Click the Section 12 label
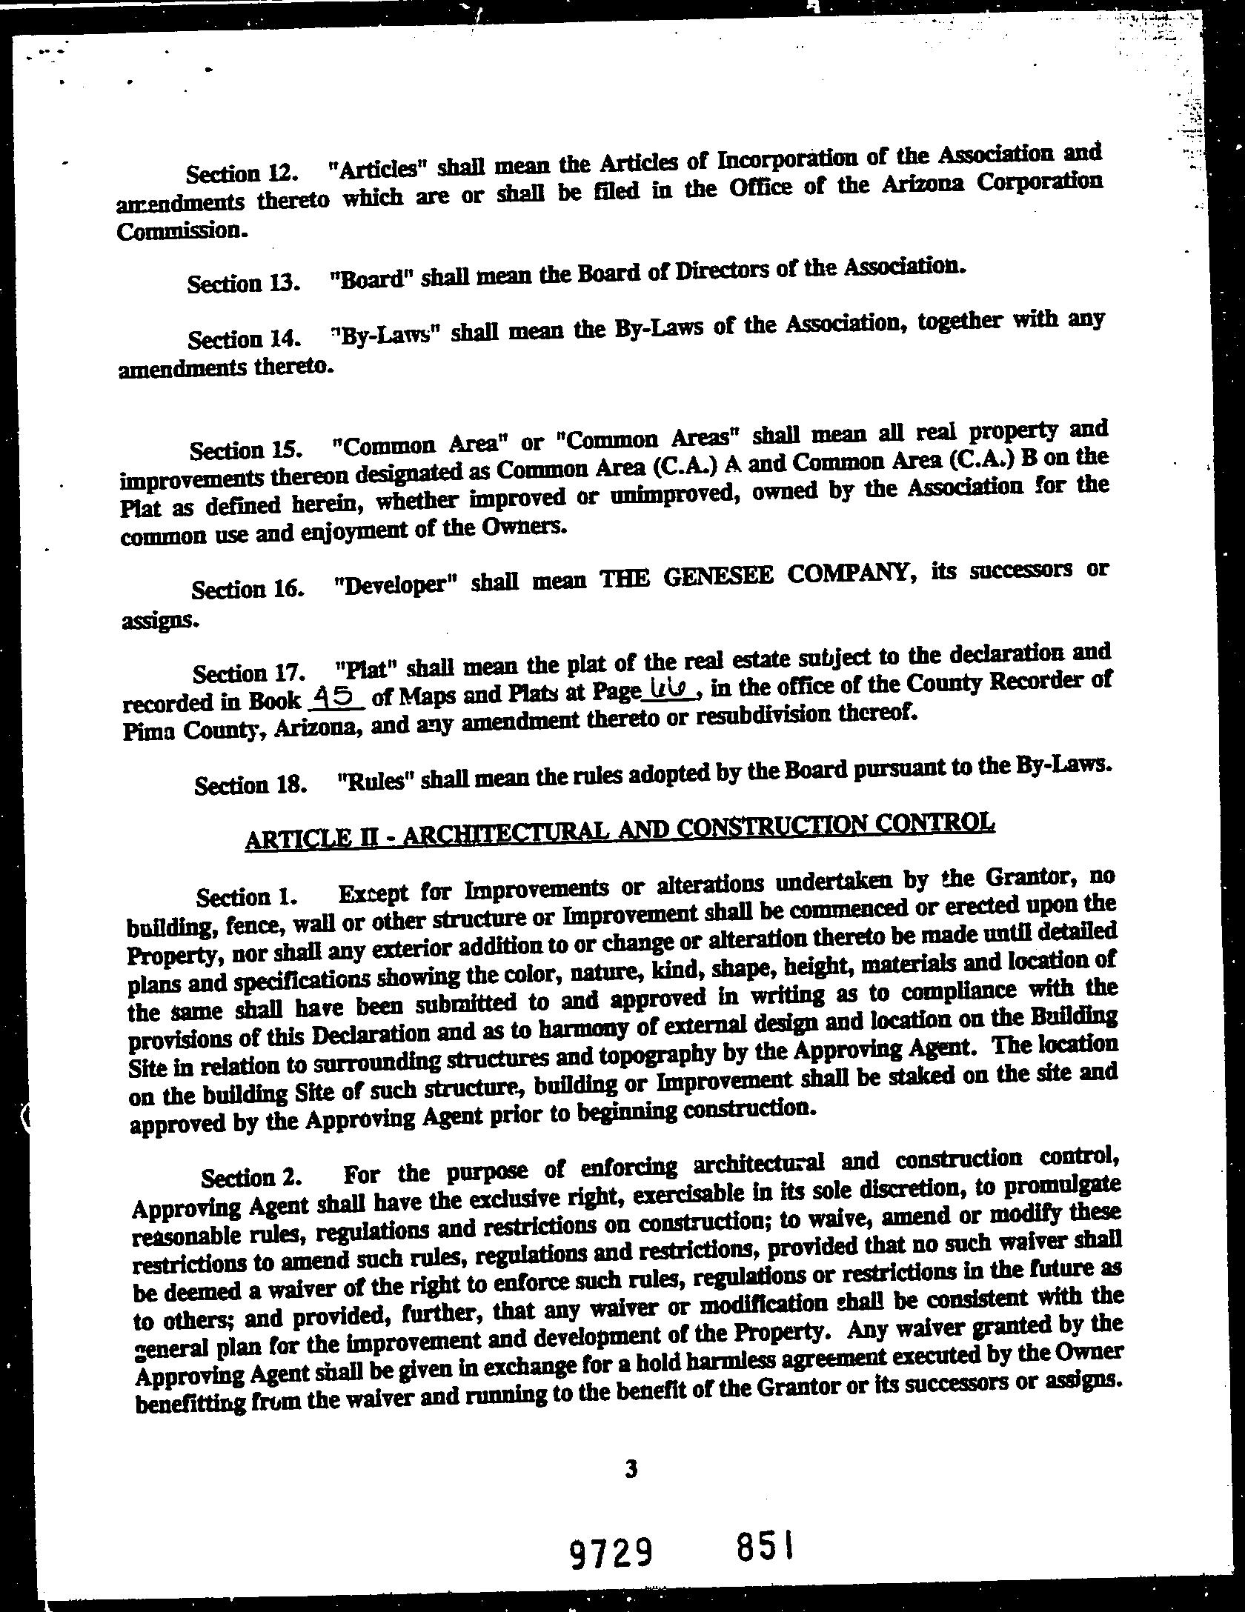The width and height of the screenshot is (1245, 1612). [242, 173]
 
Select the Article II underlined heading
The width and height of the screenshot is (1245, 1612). [619, 831]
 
